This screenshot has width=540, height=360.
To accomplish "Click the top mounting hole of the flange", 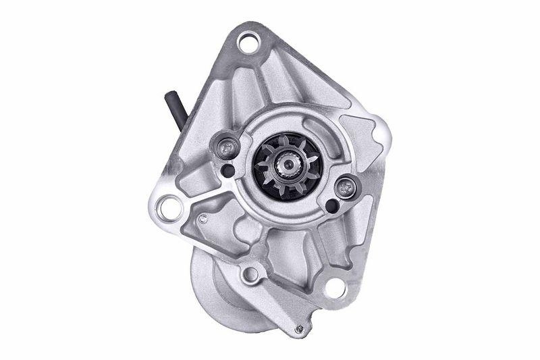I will tap(248, 45).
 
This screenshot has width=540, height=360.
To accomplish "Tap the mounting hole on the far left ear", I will tap(170, 207).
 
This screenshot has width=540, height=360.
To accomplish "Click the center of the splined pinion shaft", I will tap(288, 165).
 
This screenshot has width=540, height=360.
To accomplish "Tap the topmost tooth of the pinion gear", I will tap(286, 138).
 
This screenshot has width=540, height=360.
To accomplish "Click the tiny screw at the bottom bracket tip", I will tap(298, 330).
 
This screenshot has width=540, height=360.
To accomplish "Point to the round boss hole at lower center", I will tap(251, 274).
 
